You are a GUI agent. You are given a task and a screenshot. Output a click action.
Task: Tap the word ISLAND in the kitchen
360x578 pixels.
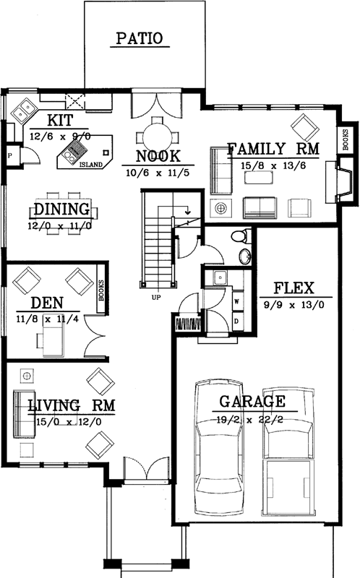pos(90,164)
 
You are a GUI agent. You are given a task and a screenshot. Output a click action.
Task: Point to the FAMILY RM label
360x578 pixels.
pos(273,150)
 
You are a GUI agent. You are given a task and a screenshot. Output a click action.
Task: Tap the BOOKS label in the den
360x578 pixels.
pos(102,290)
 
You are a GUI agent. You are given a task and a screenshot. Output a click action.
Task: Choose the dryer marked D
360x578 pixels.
pos(236,319)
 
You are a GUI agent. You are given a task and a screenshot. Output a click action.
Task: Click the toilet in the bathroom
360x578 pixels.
pos(241,236)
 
